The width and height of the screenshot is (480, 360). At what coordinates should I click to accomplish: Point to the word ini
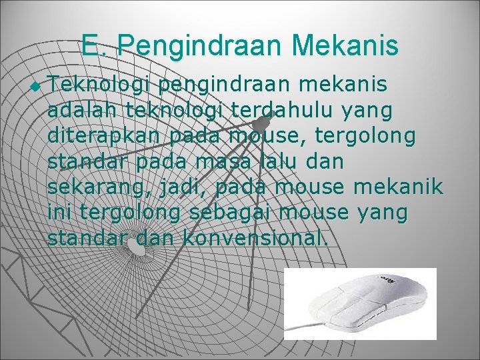[61, 213]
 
